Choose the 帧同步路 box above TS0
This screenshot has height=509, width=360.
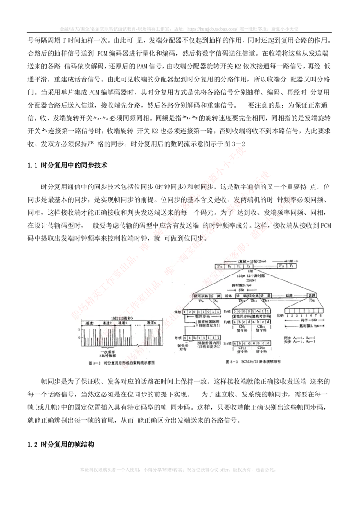[201, 296]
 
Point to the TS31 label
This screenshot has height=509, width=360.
[311, 300]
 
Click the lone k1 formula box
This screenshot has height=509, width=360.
[45, 131]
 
